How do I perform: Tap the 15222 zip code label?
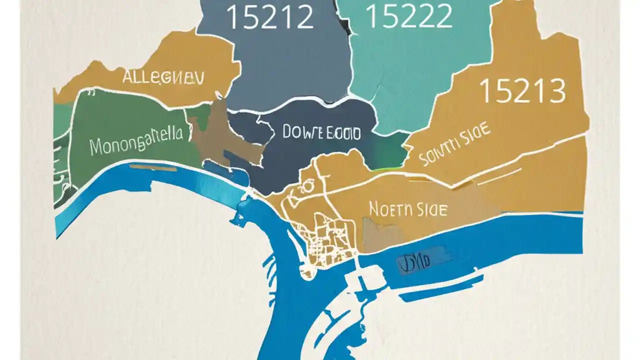coord(409,17)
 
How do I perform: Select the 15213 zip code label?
coord(522,91)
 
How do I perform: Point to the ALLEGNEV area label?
coord(163,78)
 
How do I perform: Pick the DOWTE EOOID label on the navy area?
coord(321,132)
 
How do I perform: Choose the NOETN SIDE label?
coord(408,209)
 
